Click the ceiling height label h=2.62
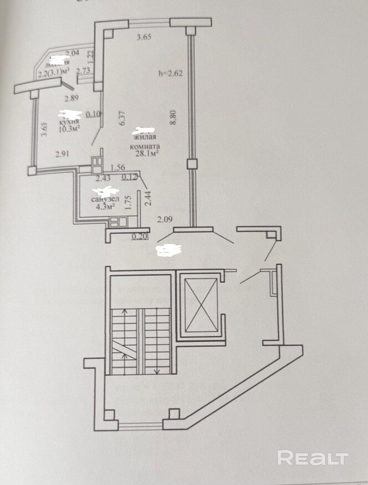point(170,72)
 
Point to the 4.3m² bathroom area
point(103,206)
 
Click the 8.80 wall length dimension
point(173,119)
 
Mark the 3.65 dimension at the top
point(144,38)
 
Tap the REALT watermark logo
point(313,458)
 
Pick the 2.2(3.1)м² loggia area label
point(54,72)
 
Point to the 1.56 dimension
point(117,167)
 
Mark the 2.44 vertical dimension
point(148,198)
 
